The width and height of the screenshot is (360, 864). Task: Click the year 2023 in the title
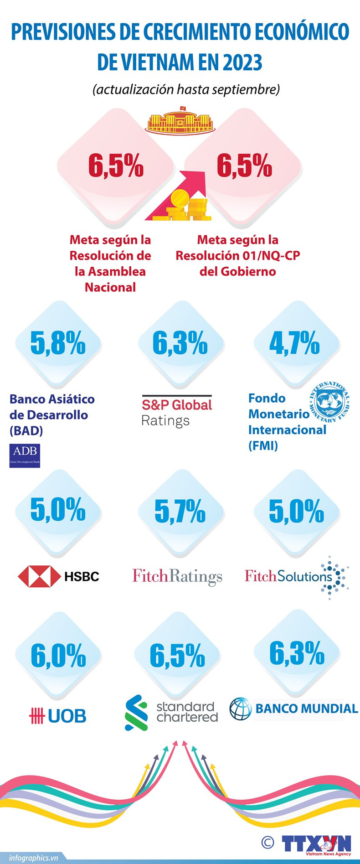pos(242,62)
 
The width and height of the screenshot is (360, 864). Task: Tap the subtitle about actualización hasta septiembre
pos(186,89)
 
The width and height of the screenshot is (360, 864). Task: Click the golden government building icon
pos(180,120)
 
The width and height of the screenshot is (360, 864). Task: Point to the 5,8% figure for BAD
pos(58,343)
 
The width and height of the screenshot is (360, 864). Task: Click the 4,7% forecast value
pos(294,343)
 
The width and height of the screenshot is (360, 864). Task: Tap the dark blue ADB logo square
pos(25,455)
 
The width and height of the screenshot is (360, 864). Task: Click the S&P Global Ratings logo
pos(177,411)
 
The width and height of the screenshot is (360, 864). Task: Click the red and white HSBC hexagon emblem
pos(39,576)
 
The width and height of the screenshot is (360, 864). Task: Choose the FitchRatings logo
pos(177,576)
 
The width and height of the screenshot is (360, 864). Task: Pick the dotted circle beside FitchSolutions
pos(335,577)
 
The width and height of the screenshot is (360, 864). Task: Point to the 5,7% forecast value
pos(180,511)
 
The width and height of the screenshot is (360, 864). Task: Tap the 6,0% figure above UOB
pos(58,655)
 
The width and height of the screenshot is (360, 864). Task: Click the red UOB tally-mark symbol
pos(36,716)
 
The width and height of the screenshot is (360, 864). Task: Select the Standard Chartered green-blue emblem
pos(136,712)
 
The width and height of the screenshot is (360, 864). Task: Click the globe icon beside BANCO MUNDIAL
pos(240,709)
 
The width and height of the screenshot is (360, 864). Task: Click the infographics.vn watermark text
pos(34,858)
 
